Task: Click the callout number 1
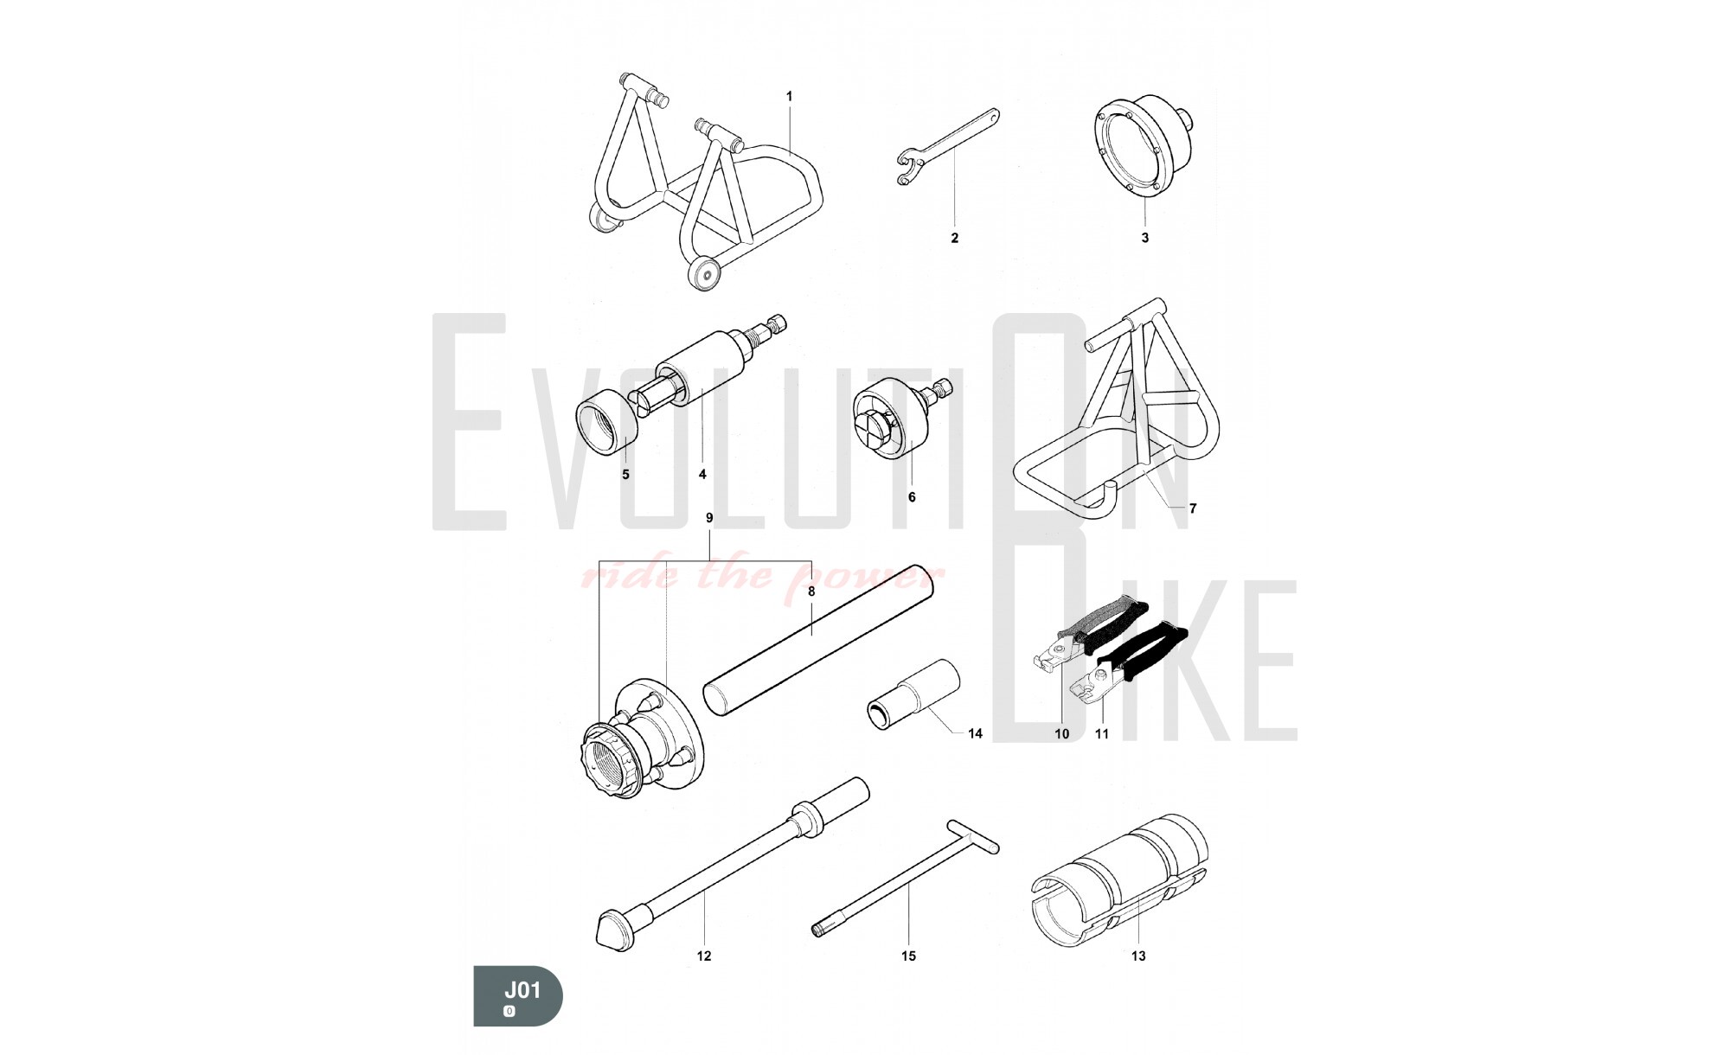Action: pyautogui.click(x=789, y=97)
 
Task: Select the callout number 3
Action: pyautogui.click(x=1144, y=238)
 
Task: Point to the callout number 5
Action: pyautogui.click(x=625, y=475)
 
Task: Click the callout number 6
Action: pyautogui.click(x=911, y=497)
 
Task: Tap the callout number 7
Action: pyautogui.click(x=1193, y=508)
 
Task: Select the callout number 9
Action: pyautogui.click(x=709, y=518)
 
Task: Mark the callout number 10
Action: pyautogui.click(x=1061, y=734)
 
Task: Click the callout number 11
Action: pyautogui.click(x=1102, y=734)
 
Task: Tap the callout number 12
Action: pyautogui.click(x=704, y=956)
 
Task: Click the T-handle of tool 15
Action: pyautogui.click(x=973, y=835)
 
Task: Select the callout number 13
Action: pyautogui.click(x=1138, y=956)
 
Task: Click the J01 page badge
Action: pyautogui.click(x=517, y=996)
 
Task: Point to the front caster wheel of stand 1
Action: pyautogui.click(x=704, y=274)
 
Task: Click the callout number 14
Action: pyautogui.click(x=975, y=734)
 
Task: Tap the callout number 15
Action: pyautogui.click(x=908, y=956)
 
